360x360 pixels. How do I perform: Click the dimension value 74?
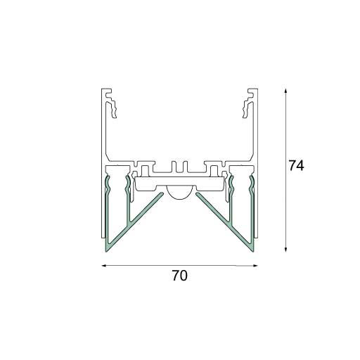pyautogui.click(x=295, y=167)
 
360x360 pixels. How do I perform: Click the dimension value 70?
pyautogui.click(x=179, y=276)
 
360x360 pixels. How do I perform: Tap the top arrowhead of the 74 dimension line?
pyautogui.click(x=286, y=92)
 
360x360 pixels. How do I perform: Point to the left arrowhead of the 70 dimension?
pyautogui.click(x=105, y=266)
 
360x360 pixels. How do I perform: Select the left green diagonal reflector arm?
pyautogui.click(x=141, y=219)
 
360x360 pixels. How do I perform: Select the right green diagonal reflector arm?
pyautogui.click(x=218, y=219)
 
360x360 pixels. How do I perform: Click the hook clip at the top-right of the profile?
pyautogui.click(x=247, y=105)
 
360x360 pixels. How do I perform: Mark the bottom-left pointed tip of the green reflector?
pyautogui.click(x=106, y=248)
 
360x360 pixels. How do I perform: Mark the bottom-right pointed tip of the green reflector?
pyautogui.click(x=253, y=248)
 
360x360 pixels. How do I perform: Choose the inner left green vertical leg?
pyautogui.click(x=127, y=211)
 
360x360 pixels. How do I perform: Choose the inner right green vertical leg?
pyautogui.click(x=232, y=211)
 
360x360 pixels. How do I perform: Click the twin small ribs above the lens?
pyautogui.click(x=179, y=167)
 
